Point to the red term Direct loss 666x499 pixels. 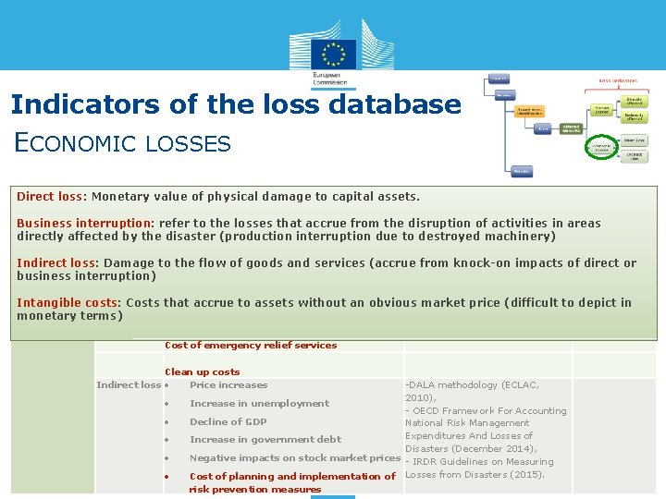49,197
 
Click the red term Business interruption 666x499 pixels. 83,224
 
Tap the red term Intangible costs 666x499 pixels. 68,303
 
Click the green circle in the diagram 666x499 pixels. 602,149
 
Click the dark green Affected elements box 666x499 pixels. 571,129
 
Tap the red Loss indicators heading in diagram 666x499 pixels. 617,81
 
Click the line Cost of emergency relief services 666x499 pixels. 250,346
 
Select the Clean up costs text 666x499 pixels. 202,372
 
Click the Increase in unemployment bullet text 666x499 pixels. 259,404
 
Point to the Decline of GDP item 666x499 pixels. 228,422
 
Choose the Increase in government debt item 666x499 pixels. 265,440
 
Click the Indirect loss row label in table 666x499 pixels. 128,385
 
